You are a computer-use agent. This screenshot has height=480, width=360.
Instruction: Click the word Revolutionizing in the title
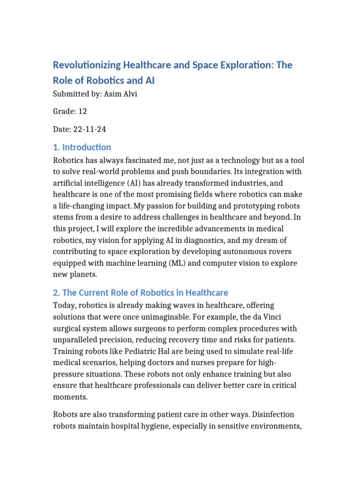[87, 65]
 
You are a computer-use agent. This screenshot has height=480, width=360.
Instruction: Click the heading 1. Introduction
[82, 147]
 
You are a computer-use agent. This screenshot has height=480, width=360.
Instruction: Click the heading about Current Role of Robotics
[141, 292]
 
